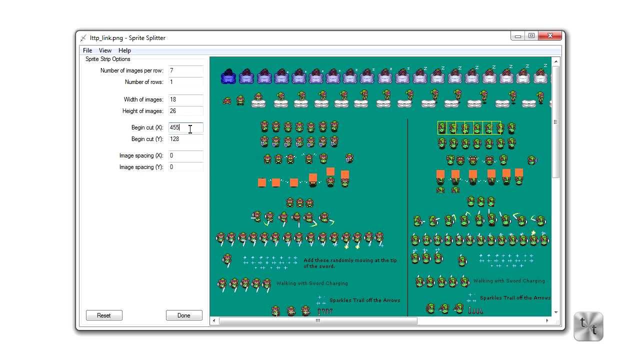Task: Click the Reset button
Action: (104, 315)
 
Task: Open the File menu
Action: (87, 50)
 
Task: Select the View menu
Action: (105, 50)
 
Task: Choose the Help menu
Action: (124, 50)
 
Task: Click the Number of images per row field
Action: (185, 70)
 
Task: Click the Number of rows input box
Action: (185, 82)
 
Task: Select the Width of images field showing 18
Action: (185, 99)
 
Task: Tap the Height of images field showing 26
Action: (185, 111)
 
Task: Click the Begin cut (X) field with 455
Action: (185, 127)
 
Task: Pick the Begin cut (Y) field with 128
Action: (185, 139)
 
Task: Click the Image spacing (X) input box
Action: (185, 155)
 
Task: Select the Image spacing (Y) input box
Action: (185, 167)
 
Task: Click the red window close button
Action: (550, 36)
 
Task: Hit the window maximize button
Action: (531, 36)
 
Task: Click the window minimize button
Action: (518, 36)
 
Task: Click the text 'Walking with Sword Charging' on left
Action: (312, 283)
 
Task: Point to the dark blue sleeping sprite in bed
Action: (228, 76)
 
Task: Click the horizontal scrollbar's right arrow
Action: (547, 320)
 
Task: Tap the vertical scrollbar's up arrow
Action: (555, 61)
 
